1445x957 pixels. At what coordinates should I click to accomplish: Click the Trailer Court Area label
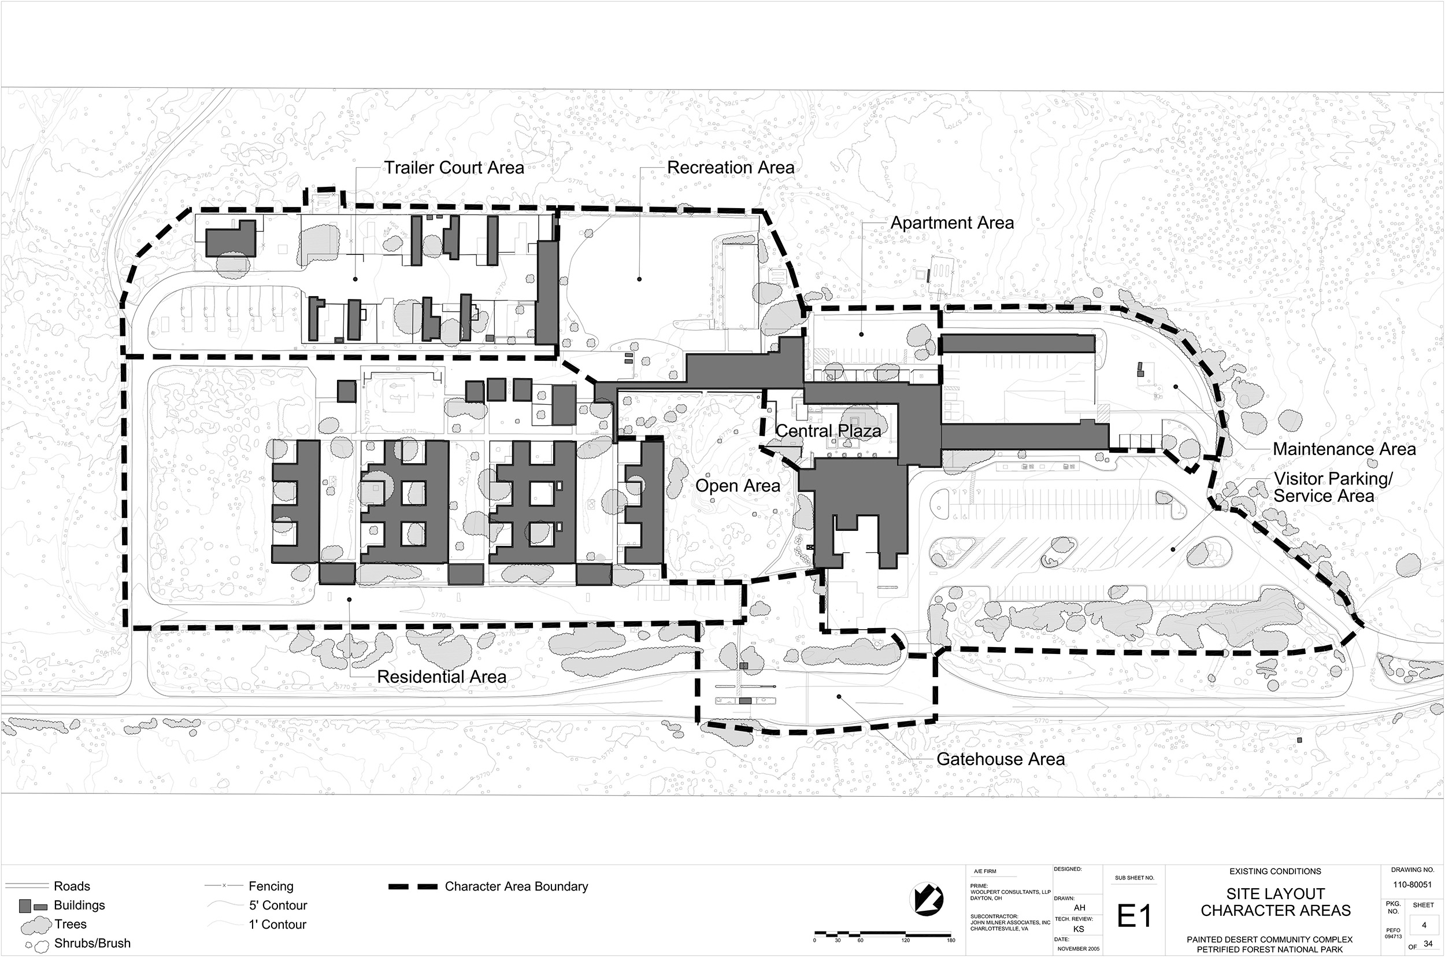click(x=454, y=168)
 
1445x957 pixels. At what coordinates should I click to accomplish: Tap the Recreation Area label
click(x=730, y=168)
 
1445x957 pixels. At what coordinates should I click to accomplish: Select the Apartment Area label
click(x=952, y=223)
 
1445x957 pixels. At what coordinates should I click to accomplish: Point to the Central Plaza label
click(x=828, y=431)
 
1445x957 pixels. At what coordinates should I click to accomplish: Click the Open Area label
click(x=738, y=486)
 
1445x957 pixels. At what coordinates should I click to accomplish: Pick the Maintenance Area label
click(x=1344, y=450)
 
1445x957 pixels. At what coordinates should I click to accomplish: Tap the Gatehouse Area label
click(x=1001, y=759)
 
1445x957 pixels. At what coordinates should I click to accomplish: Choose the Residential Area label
click(x=442, y=677)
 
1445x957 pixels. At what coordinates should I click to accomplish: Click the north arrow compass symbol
click(x=926, y=900)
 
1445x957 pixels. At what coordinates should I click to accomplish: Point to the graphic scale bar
click(x=882, y=934)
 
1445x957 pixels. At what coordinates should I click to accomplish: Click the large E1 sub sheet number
click(x=1134, y=916)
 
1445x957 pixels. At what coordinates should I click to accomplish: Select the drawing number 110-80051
click(x=1412, y=884)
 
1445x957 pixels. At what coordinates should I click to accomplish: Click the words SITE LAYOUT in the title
click(x=1276, y=894)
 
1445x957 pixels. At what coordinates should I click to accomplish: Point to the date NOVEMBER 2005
click(x=1079, y=949)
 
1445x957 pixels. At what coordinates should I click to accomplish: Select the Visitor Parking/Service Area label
click(x=1333, y=487)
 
